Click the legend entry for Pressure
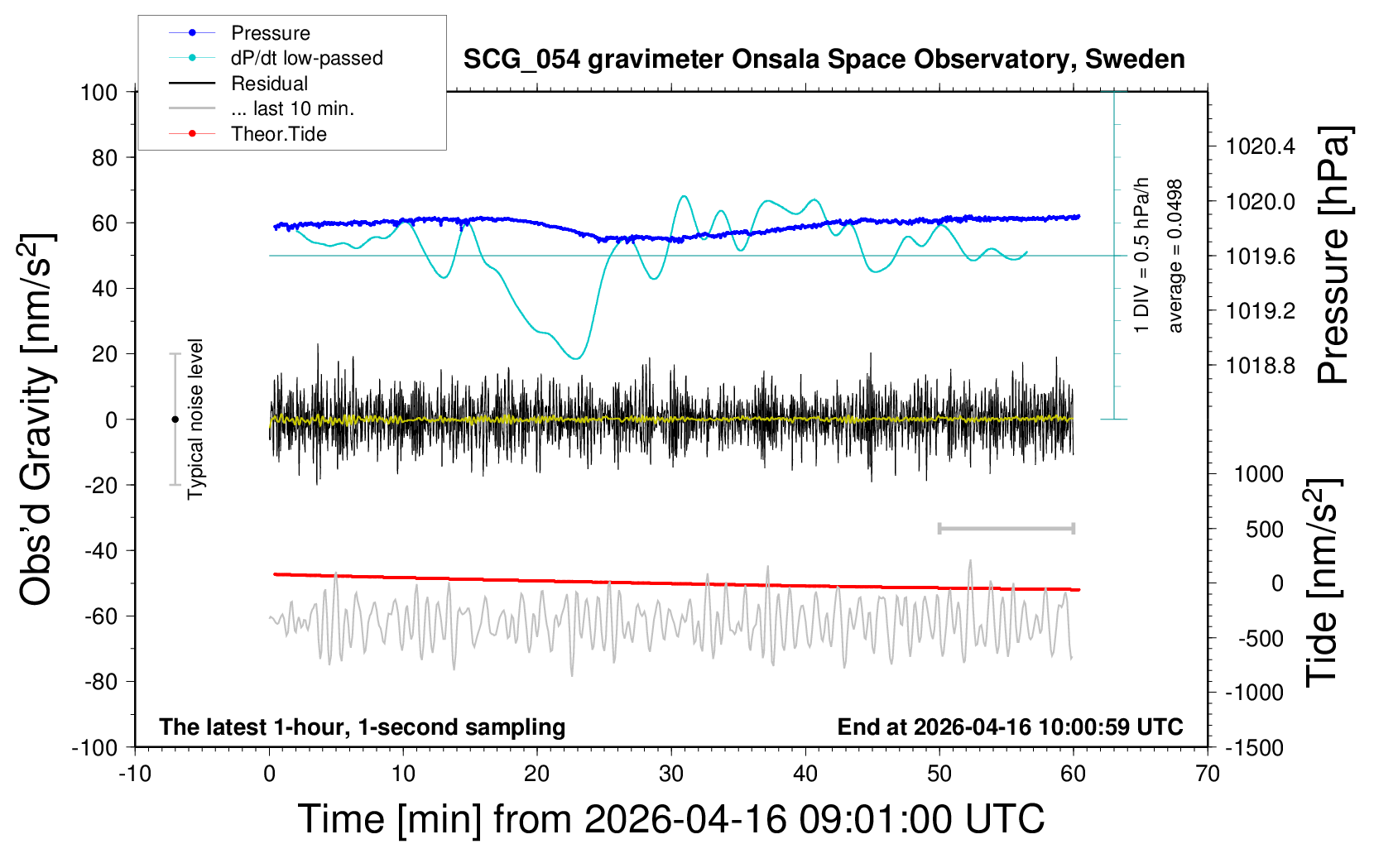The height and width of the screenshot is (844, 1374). (270, 33)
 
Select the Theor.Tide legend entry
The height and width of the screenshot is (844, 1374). (278, 134)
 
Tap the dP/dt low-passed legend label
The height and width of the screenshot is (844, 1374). (306, 58)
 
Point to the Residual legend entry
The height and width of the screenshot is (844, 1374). (269, 84)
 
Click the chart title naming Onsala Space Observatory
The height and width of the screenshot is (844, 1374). (824, 60)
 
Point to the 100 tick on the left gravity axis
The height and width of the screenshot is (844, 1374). (99, 92)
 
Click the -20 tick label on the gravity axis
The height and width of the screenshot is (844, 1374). (101, 486)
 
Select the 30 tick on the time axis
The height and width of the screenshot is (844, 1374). (671, 774)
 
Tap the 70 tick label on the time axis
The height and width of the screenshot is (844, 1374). (1208, 774)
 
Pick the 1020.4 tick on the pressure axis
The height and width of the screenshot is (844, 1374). (1260, 147)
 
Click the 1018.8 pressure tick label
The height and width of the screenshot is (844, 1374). (1260, 366)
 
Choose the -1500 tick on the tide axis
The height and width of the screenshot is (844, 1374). (1253, 748)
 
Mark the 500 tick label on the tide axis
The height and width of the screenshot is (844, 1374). (1265, 530)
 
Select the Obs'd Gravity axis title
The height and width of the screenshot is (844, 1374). (37, 420)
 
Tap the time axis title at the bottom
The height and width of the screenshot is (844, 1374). (671, 819)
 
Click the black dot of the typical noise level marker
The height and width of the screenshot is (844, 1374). (175, 420)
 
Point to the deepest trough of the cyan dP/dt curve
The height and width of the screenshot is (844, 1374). (576, 358)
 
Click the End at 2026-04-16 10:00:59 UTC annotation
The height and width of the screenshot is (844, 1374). (1010, 727)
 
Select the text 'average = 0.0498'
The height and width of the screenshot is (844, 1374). (1175, 256)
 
